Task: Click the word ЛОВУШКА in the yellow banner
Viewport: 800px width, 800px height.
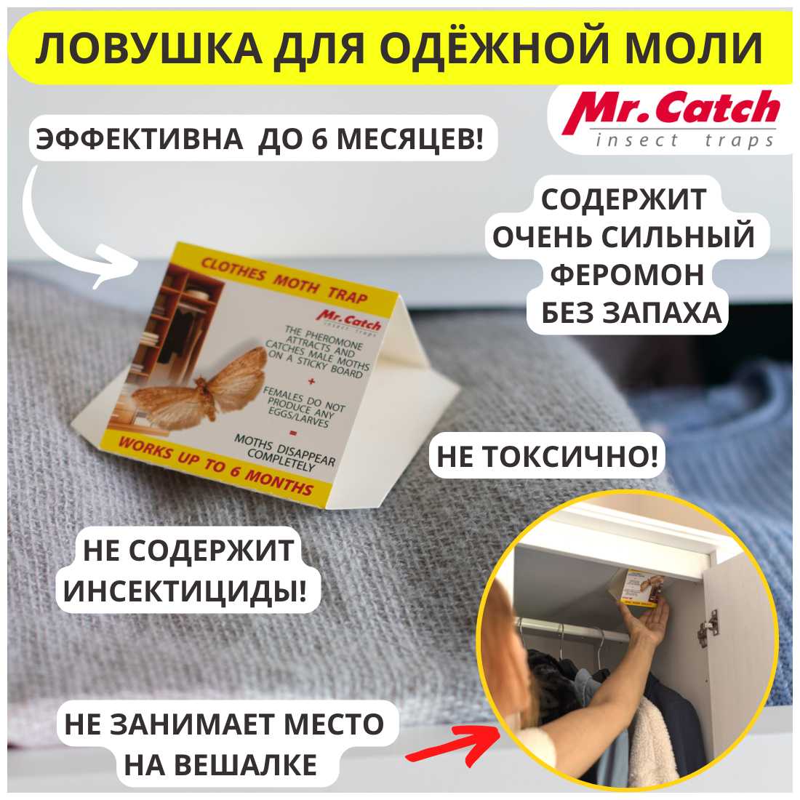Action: tap(148, 49)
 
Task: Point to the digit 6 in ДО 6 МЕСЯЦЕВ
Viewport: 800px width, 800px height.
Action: tap(319, 139)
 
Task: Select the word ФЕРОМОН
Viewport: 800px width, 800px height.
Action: tap(627, 275)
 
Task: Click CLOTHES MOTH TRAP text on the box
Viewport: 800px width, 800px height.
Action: tap(284, 281)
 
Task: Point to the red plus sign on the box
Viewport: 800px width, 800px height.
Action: tap(311, 380)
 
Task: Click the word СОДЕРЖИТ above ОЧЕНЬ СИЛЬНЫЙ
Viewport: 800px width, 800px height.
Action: tap(623, 199)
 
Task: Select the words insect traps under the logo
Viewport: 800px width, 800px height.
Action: tap(684, 140)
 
